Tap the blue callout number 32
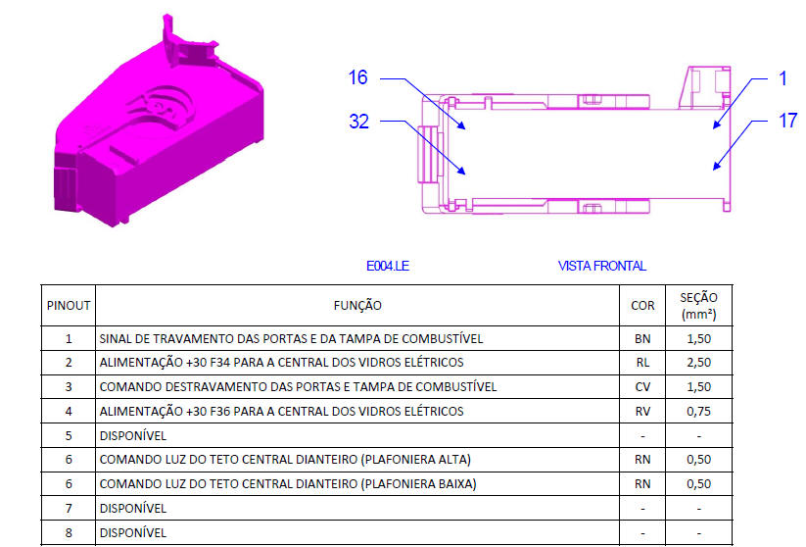point(358,122)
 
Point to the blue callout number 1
point(782,78)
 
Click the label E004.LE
point(387,266)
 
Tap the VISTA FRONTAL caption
point(602,266)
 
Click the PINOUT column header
point(69,306)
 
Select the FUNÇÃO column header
point(357,306)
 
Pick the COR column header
point(642,306)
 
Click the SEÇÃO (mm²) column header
point(698,306)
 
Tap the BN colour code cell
point(642,339)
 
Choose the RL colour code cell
point(642,363)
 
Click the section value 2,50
point(698,363)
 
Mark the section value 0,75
point(698,411)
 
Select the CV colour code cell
point(642,387)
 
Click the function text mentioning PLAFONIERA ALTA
point(284,459)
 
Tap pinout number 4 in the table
point(69,411)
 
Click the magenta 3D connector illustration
point(157,127)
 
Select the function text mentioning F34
point(281,363)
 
